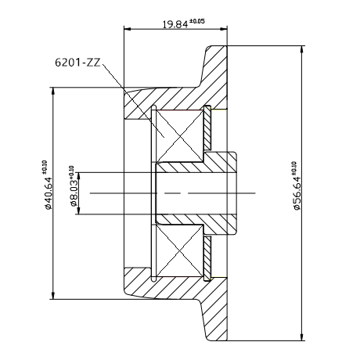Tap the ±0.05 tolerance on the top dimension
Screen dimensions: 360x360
click(x=197, y=21)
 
